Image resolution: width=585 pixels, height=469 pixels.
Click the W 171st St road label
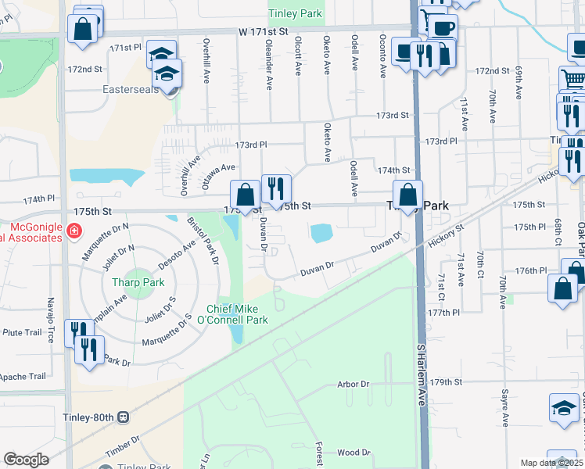tap(264, 32)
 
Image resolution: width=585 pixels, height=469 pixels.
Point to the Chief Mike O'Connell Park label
tap(237, 314)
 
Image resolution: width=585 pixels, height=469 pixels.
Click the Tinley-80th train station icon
tap(124, 417)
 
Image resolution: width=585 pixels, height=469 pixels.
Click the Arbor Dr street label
tap(353, 384)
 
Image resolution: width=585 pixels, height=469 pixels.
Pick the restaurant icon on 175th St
tap(275, 188)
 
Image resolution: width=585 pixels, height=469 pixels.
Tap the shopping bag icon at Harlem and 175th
tap(407, 195)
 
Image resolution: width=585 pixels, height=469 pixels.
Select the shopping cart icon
tap(573, 79)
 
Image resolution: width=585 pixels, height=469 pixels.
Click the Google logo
tap(26, 460)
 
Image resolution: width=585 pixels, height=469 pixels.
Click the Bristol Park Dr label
tap(203, 241)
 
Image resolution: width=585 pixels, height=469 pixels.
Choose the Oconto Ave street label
tap(382, 58)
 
